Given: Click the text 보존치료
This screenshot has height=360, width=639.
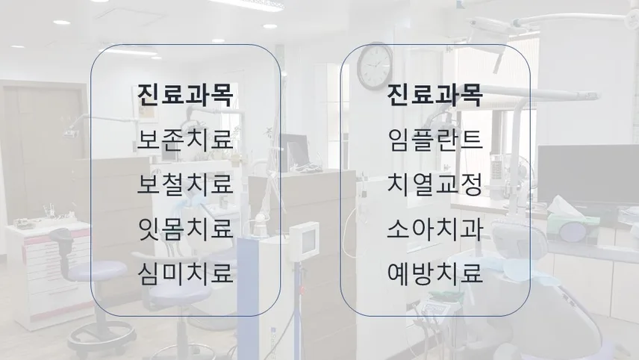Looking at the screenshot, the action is click(185, 139).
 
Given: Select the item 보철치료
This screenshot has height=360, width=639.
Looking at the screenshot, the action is click(185, 184).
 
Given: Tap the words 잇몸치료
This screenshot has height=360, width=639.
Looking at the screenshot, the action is click(185, 229).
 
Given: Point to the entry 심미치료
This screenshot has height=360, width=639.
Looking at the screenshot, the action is click(185, 273).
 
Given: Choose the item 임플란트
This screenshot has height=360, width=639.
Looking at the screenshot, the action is click(435, 139).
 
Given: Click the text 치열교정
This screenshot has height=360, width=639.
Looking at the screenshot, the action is click(435, 184).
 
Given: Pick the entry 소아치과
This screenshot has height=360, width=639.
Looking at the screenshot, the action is click(435, 229).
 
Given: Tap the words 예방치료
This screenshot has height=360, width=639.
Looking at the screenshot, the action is click(435, 273).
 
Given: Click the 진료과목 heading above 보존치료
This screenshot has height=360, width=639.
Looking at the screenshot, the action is click(185, 95).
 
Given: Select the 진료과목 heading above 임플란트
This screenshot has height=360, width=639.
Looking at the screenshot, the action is click(435, 95).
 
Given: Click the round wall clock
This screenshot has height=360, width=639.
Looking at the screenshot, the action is click(375, 66).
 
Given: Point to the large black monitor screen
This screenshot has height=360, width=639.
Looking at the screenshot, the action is click(588, 175).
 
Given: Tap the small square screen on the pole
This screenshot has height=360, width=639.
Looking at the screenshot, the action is click(304, 241).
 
